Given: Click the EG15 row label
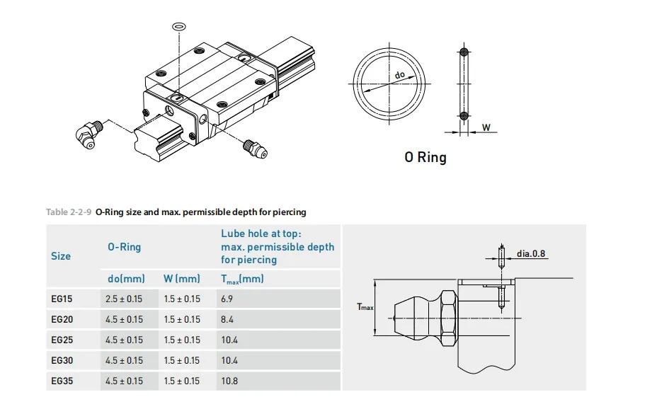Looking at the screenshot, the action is click(x=62, y=299).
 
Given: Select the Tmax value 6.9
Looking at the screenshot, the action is click(x=227, y=299).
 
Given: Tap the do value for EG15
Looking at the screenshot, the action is click(x=124, y=299).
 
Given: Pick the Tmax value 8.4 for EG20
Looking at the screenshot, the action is click(x=227, y=319).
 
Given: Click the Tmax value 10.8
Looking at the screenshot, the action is click(x=229, y=381).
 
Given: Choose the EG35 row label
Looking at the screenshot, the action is click(x=62, y=381).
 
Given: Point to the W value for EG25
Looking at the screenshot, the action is click(x=182, y=340).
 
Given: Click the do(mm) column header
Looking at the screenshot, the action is click(x=126, y=279).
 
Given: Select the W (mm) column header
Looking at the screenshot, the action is click(x=181, y=279).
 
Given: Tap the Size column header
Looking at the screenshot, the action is click(x=61, y=256).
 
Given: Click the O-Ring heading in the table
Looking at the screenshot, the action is click(x=124, y=246).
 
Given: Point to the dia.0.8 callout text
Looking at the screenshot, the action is click(x=531, y=253).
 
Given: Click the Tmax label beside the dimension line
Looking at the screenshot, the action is click(x=365, y=306).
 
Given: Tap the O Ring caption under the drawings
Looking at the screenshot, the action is click(x=425, y=157).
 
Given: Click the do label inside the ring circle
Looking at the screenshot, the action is click(x=400, y=74).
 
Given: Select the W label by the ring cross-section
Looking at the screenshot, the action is click(x=486, y=127).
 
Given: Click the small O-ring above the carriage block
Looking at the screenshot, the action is click(x=179, y=26).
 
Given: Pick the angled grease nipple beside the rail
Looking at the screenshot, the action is click(x=89, y=134).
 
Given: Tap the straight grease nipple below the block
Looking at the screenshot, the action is click(x=255, y=149).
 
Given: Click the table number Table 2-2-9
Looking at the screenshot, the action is click(x=69, y=212).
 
